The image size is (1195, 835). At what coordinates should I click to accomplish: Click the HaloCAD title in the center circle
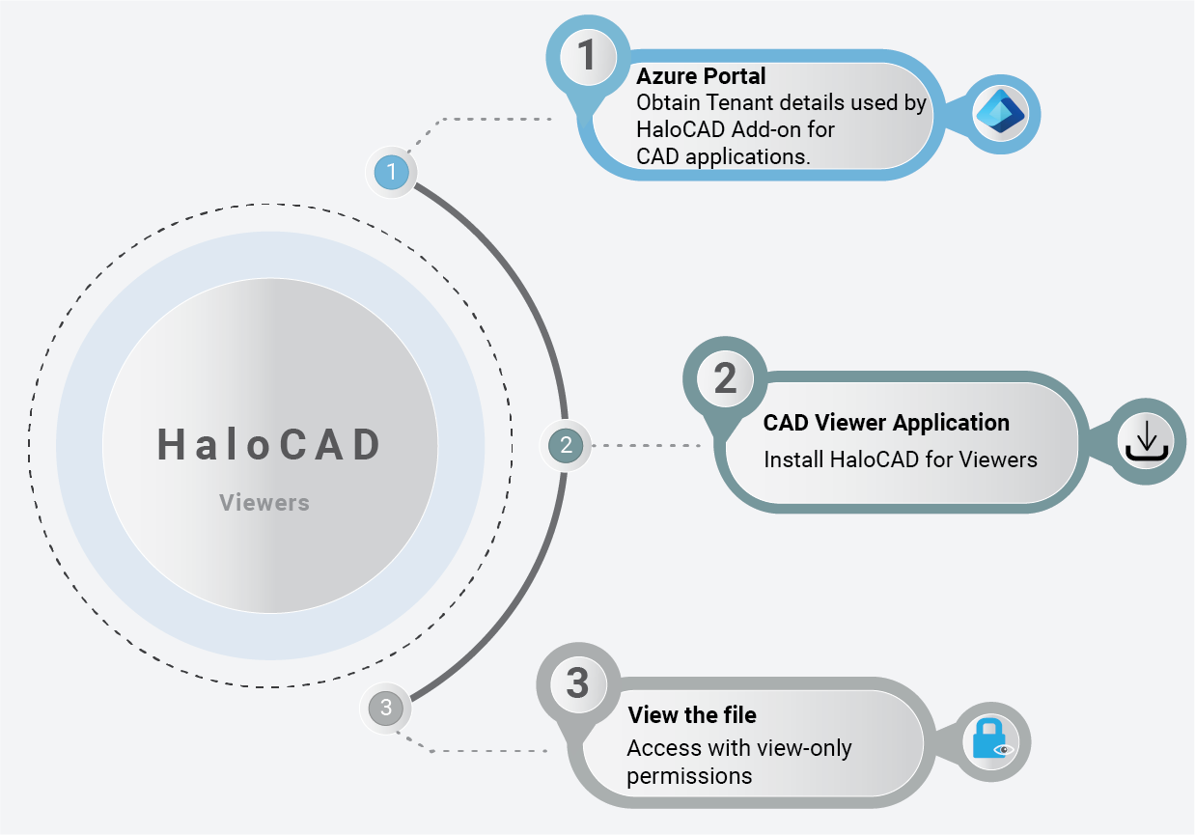269,444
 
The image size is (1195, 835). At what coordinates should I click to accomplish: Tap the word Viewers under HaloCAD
264,503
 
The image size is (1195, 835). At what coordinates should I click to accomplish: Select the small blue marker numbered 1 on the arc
392,173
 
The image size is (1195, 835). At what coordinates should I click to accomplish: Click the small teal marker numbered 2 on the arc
566,446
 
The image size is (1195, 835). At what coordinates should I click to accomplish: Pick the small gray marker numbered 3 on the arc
386,709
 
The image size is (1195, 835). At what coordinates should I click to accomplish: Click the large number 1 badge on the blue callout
588,56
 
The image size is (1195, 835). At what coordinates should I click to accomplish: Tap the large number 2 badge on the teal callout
725,378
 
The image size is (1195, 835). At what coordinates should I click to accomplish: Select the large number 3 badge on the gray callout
576,683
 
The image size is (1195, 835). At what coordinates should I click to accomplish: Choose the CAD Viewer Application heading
886,423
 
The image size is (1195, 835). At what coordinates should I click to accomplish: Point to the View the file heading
692,715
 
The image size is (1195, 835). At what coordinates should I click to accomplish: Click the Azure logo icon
1000,114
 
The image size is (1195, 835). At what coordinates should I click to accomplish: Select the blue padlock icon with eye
994,740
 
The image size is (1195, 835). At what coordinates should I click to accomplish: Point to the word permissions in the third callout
688,775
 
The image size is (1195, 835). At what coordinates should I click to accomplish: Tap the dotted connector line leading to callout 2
645,446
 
